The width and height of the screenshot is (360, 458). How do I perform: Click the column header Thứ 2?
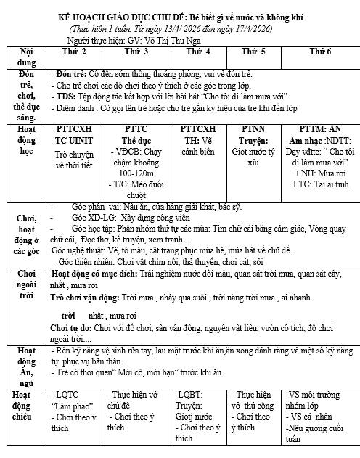[75, 52]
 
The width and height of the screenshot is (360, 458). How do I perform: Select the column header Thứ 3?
[136, 52]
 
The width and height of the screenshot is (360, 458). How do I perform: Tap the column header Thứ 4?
[198, 52]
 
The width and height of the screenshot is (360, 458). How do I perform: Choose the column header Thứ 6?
[319, 52]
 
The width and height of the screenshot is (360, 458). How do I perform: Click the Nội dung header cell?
[25, 57]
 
